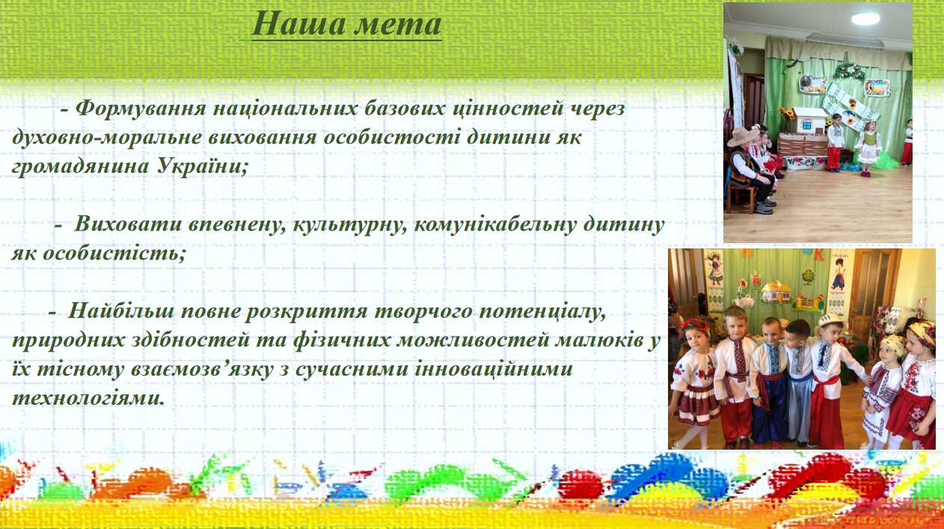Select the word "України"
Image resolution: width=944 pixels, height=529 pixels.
click(x=202, y=166)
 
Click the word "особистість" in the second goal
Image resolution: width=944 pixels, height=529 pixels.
click(x=114, y=254)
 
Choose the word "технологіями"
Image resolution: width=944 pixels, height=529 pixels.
click(x=88, y=397)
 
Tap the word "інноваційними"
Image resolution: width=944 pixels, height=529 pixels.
click(x=494, y=369)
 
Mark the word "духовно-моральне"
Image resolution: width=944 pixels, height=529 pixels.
click(x=107, y=138)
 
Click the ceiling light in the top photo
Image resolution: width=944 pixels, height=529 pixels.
click(x=865, y=19)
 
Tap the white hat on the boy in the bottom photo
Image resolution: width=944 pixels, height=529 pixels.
click(x=830, y=320)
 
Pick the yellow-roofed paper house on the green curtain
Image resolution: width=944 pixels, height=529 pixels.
click(x=776, y=292)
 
